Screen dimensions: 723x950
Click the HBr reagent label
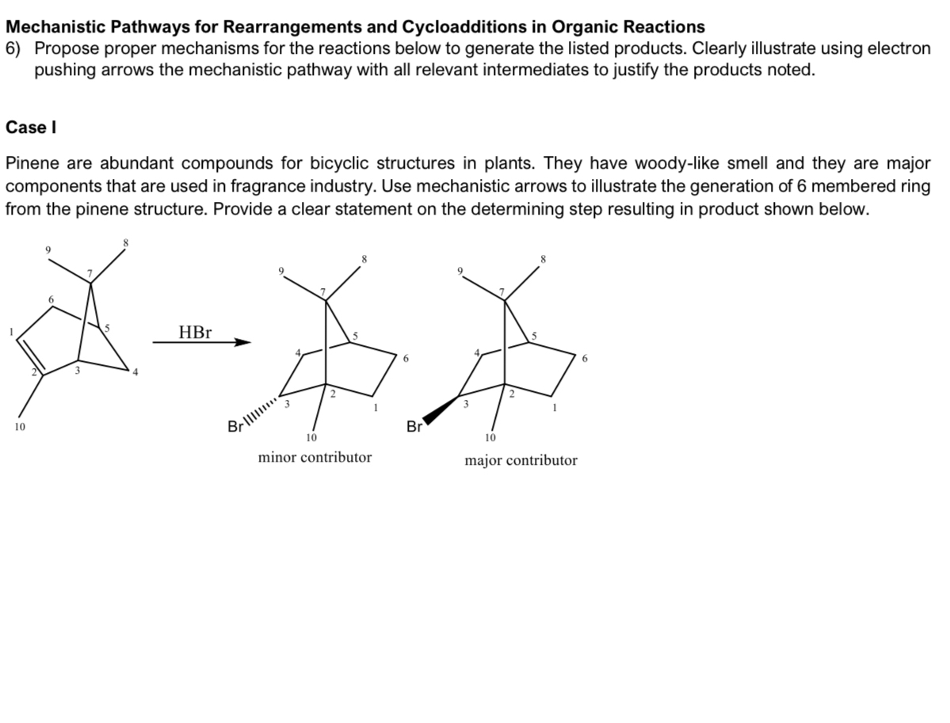coord(195,333)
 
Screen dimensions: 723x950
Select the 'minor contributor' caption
coord(315,457)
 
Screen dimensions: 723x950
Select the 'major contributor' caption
coord(521,460)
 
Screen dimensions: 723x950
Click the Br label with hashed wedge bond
coord(235,428)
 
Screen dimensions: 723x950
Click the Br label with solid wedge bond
coord(414,428)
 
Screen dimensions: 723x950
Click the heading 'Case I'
coord(30,127)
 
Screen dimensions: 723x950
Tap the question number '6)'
coord(13,48)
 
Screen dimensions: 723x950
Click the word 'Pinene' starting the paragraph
coord(32,164)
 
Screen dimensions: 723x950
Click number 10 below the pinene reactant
coord(18,428)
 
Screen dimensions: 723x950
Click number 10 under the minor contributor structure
coord(311,437)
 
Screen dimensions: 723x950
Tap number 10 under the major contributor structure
coord(490,437)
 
